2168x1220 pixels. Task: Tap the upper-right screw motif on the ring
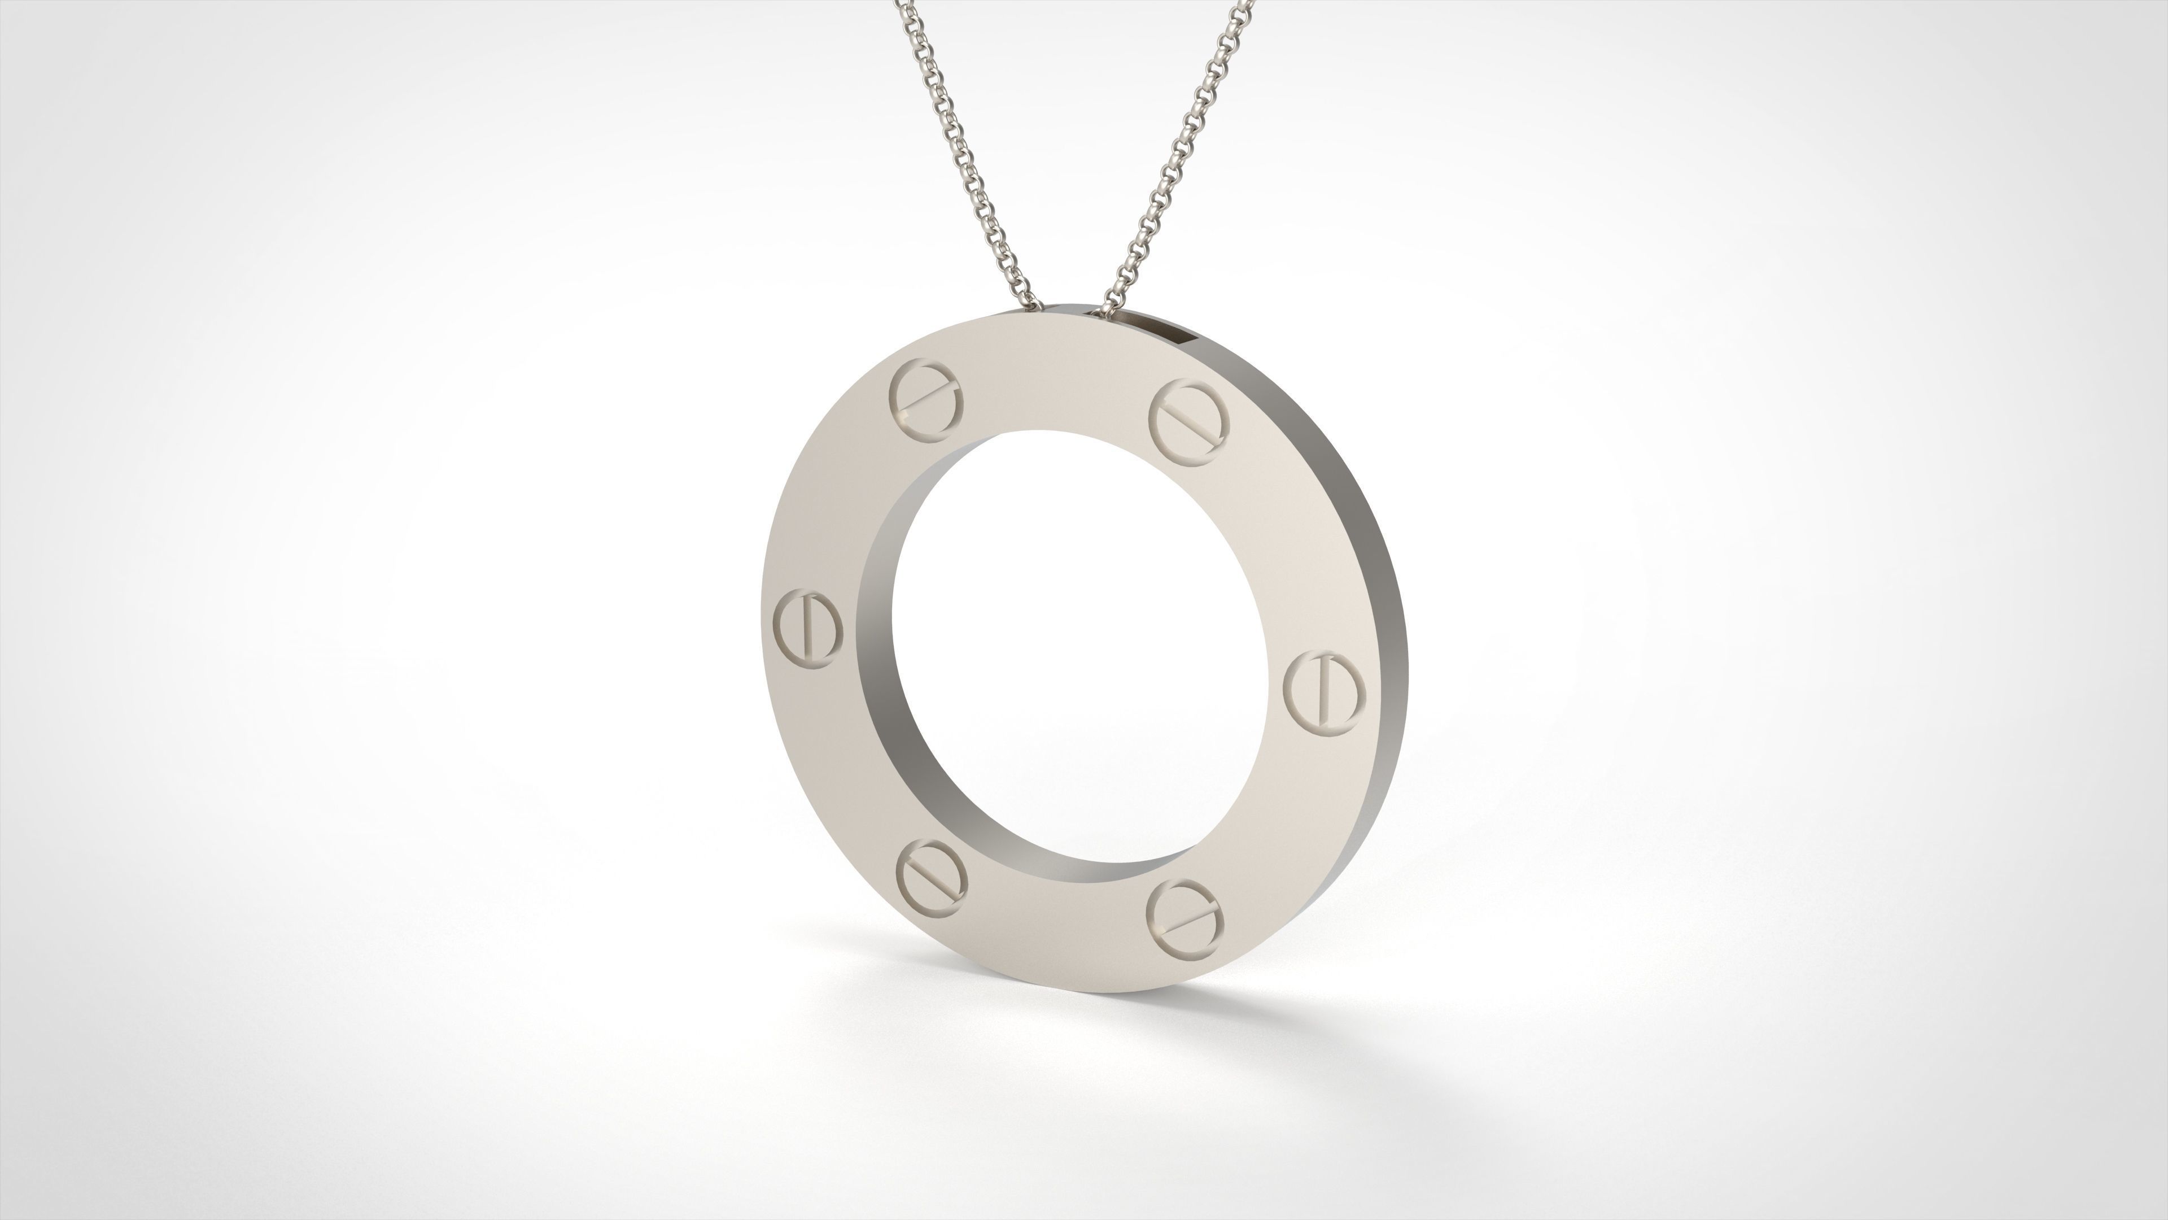[1189, 421]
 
